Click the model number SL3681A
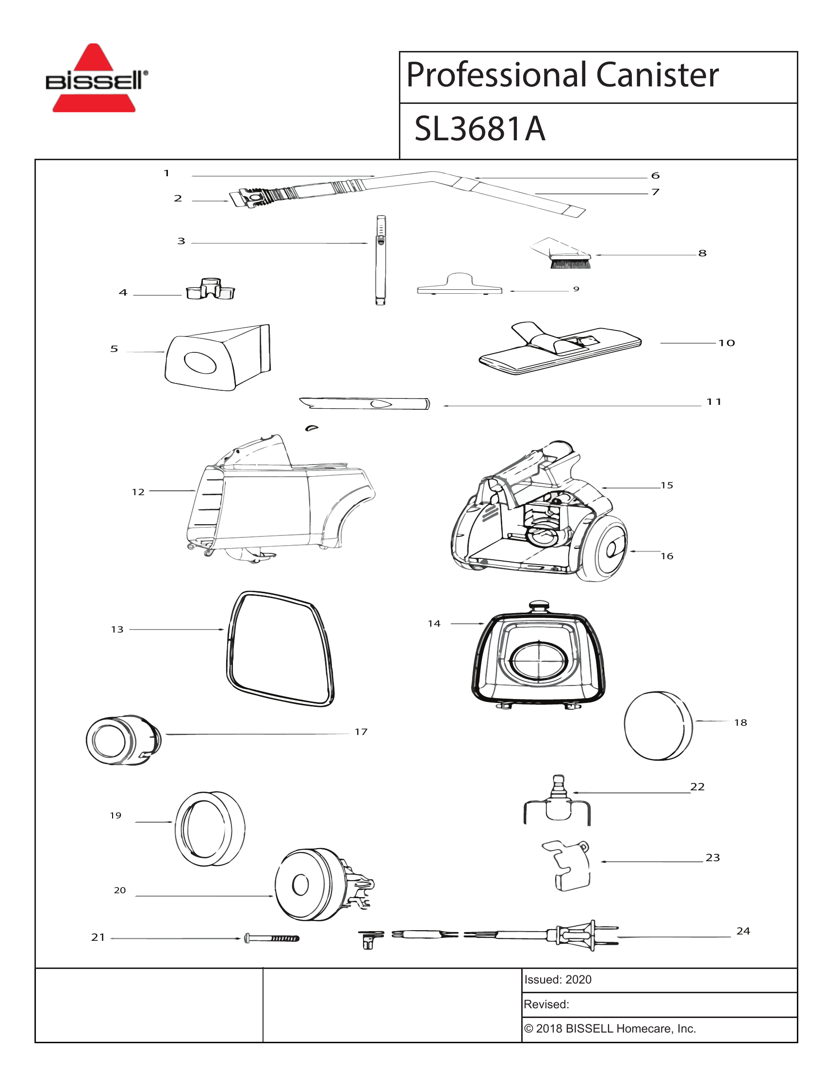pyautogui.click(x=479, y=130)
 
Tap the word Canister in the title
pyautogui.click(x=657, y=75)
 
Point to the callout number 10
pyautogui.click(x=726, y=343)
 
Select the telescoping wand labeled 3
pyautogui.click(x=380, y=260)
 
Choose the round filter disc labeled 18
pyautogui.click(x=658, y=725)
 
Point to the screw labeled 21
pyautogui.click(x=272, y=938)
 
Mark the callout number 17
pyautogui.click(x=361, y=732)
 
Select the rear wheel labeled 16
pyautogui.click(x=607, y=550)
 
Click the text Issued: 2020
pyautogui.click(x=558, y=980)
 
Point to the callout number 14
pyautogui.click(x=434, y=623)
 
